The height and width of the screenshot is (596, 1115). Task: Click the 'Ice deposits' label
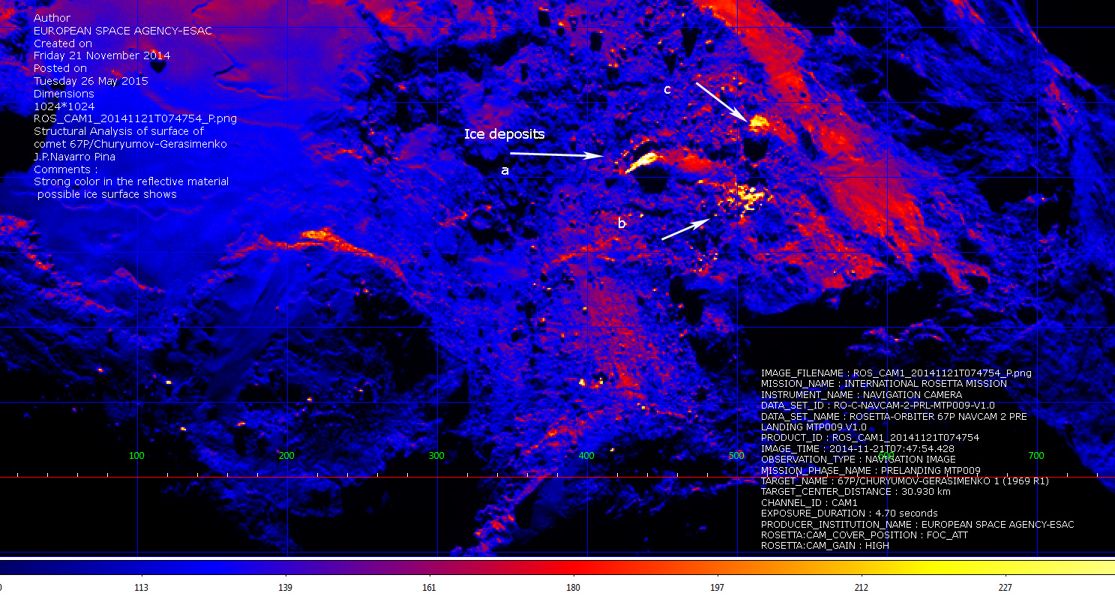click(504, 135)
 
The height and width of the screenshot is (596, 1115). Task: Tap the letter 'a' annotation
click(505, 171)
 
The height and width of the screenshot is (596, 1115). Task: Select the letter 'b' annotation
click(621, 223)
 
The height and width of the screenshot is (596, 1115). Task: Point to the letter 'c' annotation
click(667, 90)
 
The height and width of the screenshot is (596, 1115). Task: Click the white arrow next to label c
click(721, 102)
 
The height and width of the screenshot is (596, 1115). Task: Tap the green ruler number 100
click(136, 455)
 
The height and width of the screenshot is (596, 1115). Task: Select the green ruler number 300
click(436, 455)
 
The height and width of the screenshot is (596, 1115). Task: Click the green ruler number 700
click(1036, 455)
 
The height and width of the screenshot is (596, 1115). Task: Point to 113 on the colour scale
click(141, 588)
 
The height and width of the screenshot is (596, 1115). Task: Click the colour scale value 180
click(574, 588)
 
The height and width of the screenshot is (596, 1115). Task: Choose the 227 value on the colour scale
click(1006, 588)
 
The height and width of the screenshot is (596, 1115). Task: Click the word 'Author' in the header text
click(52, 18)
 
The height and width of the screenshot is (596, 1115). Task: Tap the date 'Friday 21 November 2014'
click(102, 56)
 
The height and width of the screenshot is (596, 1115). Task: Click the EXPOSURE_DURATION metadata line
click(849, 514)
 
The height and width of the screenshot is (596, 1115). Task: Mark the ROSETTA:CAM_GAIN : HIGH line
click(825, 546)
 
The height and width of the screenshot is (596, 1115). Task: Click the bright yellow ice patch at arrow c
click(758, 121)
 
